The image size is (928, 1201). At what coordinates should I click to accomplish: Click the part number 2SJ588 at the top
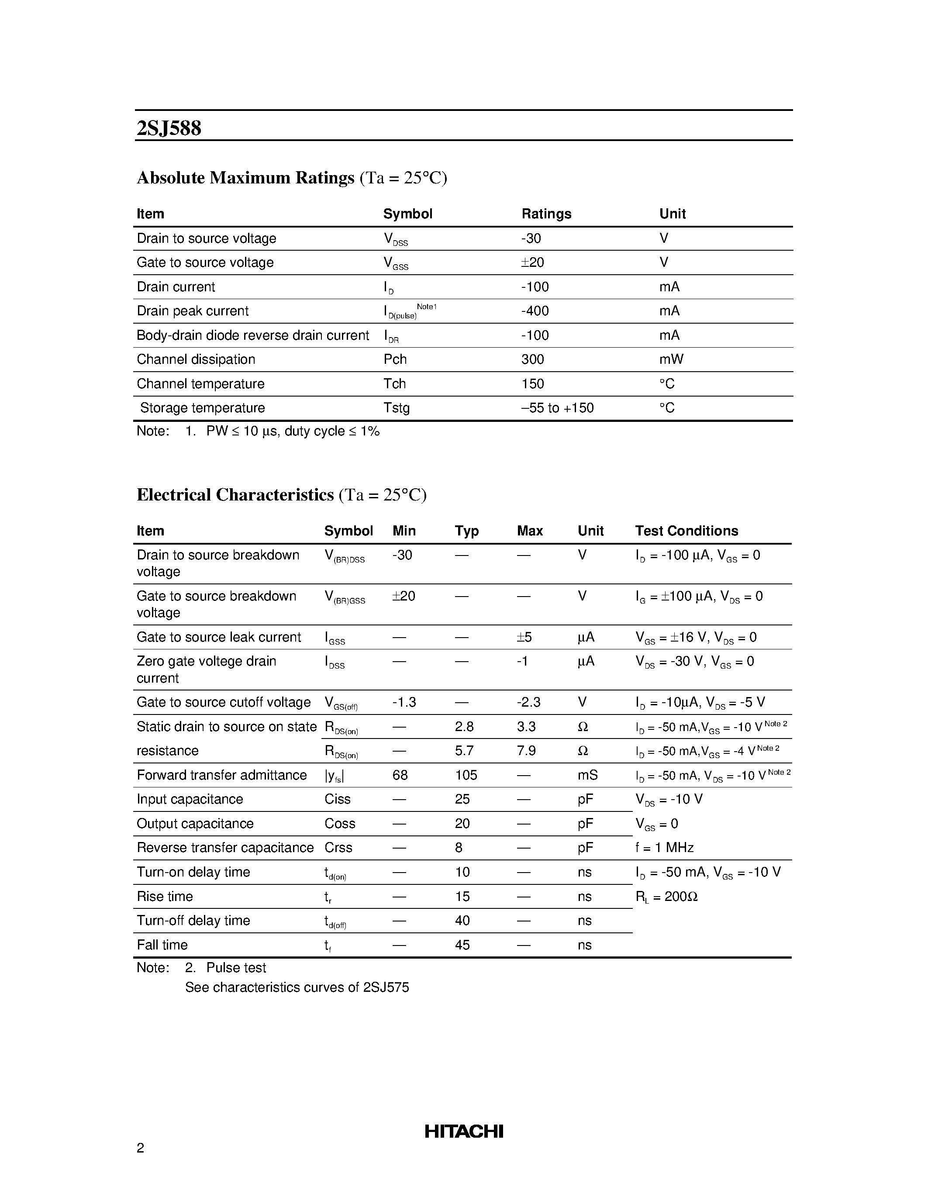click(x=169, y=128)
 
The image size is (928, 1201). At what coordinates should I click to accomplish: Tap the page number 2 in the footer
click(x=140, y=1148)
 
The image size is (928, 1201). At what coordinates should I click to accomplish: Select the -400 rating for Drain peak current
click(x=535, y=311)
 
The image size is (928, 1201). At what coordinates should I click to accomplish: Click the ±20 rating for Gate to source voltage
click(x=532, y=263)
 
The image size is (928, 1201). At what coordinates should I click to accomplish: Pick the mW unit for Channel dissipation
click(x=671, y=359)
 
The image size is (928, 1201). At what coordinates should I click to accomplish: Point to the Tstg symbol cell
click(x=397, y=408)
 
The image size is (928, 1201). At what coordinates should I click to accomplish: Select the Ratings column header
click(x=546, y=214)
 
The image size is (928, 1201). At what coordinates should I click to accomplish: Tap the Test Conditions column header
click(x=686, y=531)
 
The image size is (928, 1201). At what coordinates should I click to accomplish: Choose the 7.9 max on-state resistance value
click(x=526, y=751)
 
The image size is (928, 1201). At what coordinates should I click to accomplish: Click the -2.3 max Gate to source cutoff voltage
click(x=528, y=703)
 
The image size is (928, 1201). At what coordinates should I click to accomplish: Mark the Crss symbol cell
click(x=338, y=848)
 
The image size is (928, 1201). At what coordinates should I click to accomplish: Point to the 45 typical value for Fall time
click(x=462, y=945)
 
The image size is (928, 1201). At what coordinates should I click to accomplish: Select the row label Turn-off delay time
click(x=193, y=921)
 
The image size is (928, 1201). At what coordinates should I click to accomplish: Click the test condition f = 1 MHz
click(x=664, y=848)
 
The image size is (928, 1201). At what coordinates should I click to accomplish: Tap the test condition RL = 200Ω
click(x=666, y=897)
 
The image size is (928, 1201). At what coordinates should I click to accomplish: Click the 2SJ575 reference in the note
click(x=386, y=987)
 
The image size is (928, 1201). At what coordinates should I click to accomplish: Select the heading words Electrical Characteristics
click(x=235, y=495)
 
